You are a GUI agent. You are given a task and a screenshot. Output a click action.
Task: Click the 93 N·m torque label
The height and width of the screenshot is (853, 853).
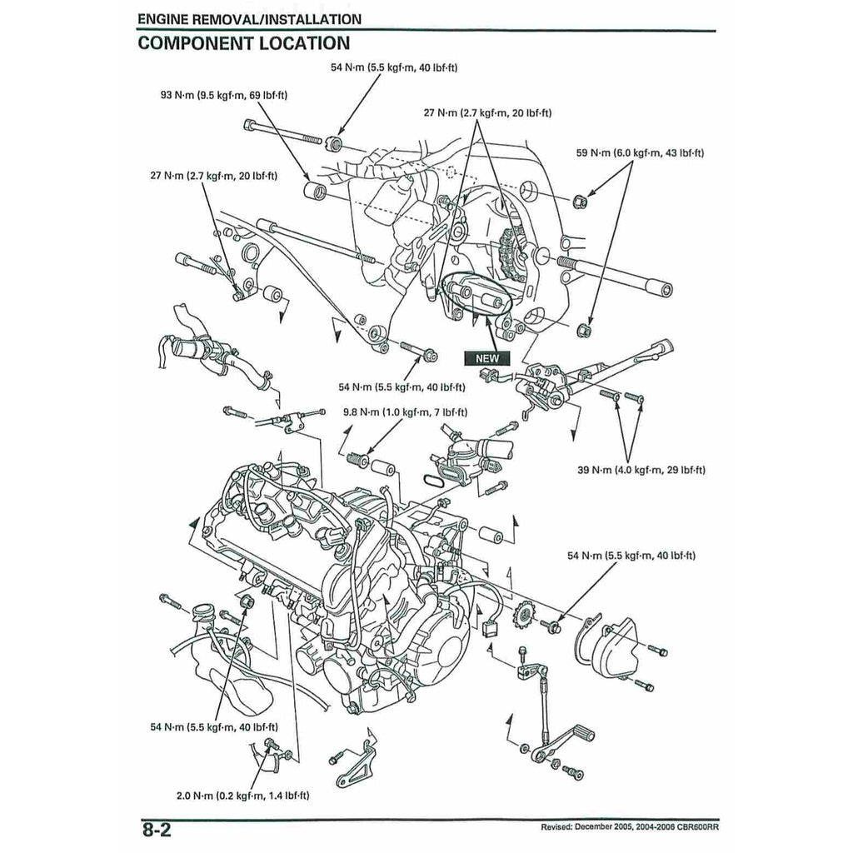coord(224,96)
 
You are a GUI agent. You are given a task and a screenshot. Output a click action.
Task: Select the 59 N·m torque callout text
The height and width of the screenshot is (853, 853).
coord(640,153)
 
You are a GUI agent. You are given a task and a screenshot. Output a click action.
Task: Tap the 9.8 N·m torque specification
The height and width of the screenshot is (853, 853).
coord(405,412)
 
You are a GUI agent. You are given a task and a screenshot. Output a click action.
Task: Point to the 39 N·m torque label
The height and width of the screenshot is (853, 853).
coord(641,471)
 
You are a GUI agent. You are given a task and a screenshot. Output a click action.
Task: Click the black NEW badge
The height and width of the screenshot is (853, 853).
coord(486,358)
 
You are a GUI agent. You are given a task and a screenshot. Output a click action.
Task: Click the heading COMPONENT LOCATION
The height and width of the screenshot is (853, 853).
coord(243,43)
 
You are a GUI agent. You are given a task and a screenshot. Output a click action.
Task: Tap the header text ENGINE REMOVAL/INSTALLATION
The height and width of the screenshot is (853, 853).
coord(249,19)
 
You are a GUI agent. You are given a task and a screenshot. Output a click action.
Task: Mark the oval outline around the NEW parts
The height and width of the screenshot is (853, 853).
coord(477,294)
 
